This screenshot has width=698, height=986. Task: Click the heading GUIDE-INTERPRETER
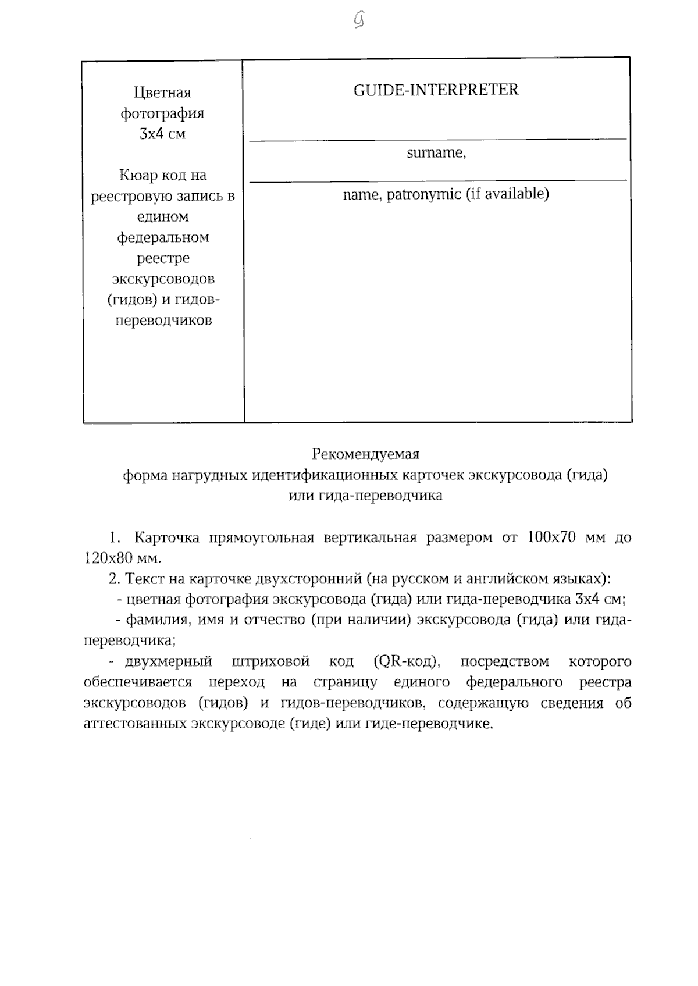436,90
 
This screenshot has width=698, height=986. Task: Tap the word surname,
436,154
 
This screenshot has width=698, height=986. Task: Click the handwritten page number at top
359,21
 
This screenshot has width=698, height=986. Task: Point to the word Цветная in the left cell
162,92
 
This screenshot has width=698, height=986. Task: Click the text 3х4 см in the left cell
162,134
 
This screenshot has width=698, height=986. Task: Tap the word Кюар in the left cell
137,175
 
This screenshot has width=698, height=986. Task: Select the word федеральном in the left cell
163,237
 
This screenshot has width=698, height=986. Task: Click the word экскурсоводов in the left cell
163,279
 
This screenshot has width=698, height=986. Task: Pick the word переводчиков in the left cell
163,320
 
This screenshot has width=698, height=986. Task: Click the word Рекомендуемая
365,454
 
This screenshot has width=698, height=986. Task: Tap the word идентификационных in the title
325,475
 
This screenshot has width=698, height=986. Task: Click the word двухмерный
168,661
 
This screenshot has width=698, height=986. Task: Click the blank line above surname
437,139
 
